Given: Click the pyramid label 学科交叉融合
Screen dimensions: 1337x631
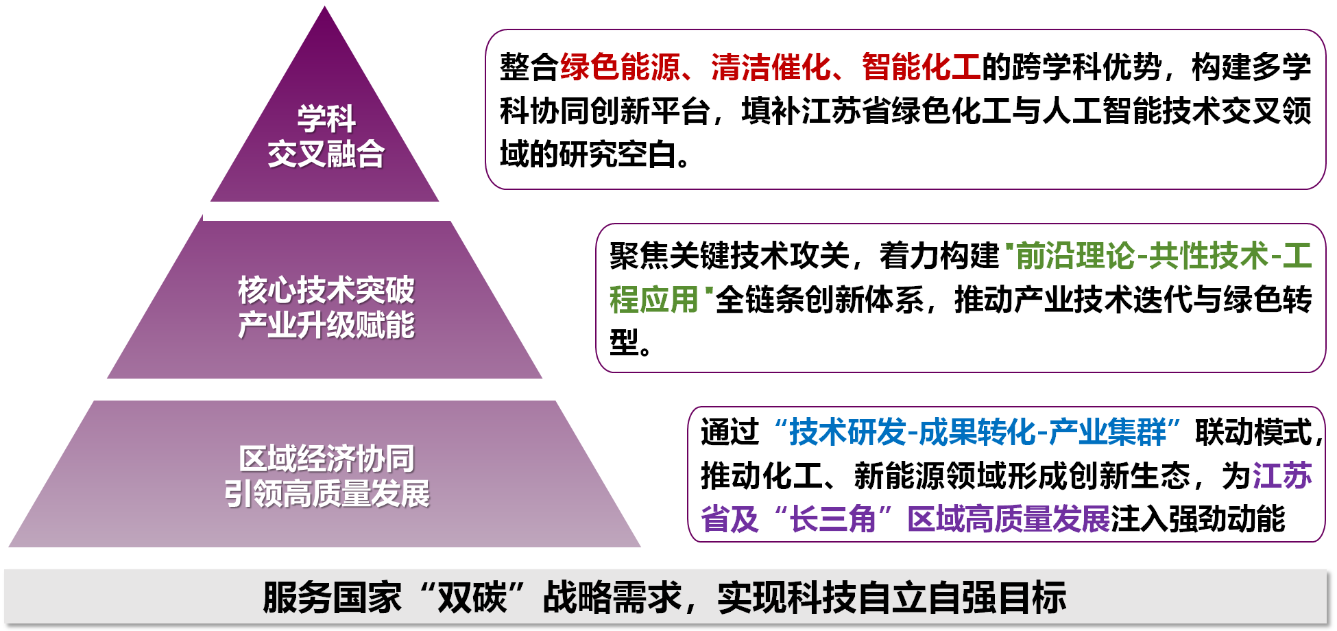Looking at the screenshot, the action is [x=326, y=136].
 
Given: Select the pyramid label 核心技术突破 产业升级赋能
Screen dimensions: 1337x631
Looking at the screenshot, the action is [x=326, y=307].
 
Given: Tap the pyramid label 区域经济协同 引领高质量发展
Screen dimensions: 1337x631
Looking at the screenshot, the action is [x=326, y=476].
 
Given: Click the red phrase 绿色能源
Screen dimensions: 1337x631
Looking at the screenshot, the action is [x=621, y=67].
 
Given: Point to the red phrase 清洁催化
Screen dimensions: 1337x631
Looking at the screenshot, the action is [x=771, y=67].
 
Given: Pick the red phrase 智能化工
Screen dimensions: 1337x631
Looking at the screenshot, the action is [x=922, y=67].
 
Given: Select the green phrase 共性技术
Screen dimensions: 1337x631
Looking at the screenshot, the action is [x=1209, y=256].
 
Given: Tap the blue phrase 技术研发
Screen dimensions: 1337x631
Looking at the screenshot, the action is [x=848, y=432].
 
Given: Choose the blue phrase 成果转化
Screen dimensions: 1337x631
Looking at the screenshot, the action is [x=978, y=432].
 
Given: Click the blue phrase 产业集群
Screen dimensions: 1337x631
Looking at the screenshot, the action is [x=1107, y=432].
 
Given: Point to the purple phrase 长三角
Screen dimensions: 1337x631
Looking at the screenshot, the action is [x=833, y=519].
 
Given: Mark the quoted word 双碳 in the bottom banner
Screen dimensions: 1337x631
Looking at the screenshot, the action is [x=472, y=597].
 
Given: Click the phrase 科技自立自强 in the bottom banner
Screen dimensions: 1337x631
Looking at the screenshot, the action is [x=892, y=597].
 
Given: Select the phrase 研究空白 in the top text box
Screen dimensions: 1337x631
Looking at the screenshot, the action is [x=618, y=154].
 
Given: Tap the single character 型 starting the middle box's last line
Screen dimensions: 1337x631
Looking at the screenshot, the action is [x=625, y=342].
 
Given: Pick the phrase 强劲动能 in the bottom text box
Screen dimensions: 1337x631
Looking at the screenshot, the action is [x=1227, y=519].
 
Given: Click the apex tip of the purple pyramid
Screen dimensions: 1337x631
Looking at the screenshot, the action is [x=325, y=6].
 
